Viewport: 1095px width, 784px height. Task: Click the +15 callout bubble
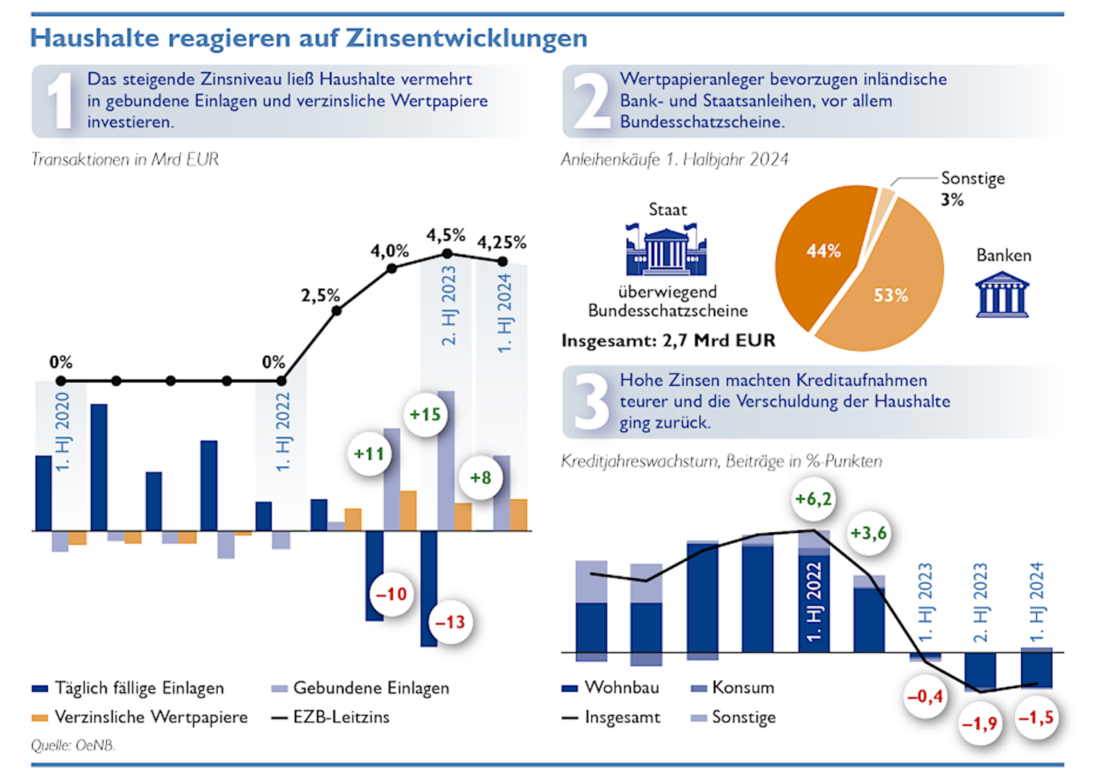(x=425, y=415)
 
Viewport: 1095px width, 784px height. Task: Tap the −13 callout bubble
(x=449, y=622)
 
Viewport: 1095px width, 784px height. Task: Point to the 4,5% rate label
(x=445, y=235)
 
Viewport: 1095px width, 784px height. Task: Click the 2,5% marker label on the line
(x=320, y=295)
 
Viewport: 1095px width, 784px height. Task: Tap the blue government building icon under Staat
(x=666, y=250)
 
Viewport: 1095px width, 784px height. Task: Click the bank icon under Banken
(x=1002, y=294)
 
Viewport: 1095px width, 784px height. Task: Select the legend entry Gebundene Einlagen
(x=370, y=688)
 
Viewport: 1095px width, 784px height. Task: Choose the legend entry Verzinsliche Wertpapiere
(x=150, y=717)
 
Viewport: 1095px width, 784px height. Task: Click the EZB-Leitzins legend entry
(x=341, y=717)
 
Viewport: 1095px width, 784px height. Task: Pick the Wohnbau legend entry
(x=621, y=687)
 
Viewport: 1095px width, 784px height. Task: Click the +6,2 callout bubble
(x=813, y=499)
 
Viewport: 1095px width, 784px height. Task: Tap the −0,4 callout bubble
(x=924, y=696)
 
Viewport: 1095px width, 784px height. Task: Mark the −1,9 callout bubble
(x=980, y=724)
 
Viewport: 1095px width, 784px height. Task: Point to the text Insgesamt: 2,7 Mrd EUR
(x=668, y=340)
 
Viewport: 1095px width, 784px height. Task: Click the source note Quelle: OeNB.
(x=73, y=746)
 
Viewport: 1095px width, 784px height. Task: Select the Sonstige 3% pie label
(x=972, y=188)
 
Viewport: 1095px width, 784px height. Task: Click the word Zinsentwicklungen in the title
(x=466, y=38)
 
